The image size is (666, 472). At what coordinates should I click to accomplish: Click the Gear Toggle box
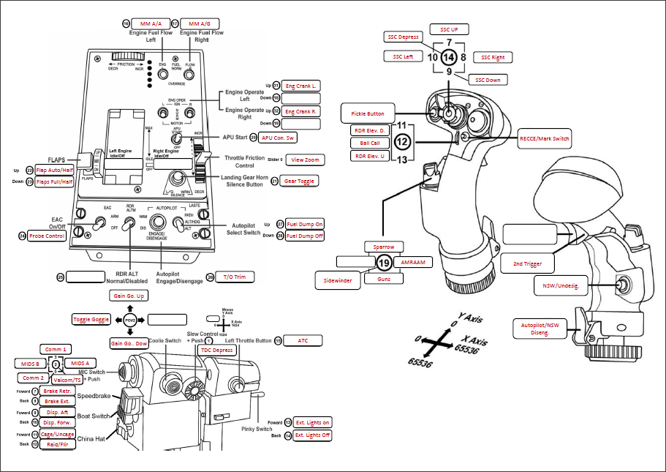pos(300,180)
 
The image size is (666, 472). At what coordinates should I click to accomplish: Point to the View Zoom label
pos(306,159)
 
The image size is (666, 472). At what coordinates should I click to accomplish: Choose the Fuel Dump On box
pos(305,225)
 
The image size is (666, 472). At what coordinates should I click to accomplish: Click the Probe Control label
pos(48,236)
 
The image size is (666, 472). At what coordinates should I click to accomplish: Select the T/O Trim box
pos(235,277)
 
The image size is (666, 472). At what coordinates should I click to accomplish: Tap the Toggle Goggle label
pos(91,319)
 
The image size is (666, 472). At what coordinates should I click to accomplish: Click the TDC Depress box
pos(219,351)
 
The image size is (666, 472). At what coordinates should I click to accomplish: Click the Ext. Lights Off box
pos(312,435)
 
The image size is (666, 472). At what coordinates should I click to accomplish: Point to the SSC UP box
pos(449,29)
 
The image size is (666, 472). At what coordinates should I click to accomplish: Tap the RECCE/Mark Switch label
pos(543,138)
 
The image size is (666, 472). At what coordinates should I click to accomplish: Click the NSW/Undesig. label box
pos(561,288)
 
